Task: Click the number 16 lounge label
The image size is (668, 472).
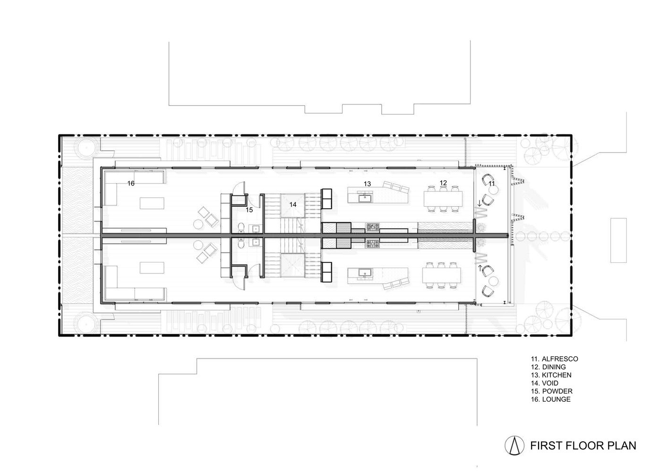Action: [x=131, y=183]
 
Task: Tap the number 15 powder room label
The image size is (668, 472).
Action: [x=249, y=210]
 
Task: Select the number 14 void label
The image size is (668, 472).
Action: [x=293, y=204]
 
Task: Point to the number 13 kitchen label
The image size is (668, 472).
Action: [x=367, y=184]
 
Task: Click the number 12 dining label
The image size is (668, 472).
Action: [x=443, y=183]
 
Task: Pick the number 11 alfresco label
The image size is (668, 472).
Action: [x=491, y=184]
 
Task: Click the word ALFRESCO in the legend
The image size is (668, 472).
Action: [x=560, y=359]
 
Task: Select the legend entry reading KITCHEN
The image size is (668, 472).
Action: [x=557, y=375]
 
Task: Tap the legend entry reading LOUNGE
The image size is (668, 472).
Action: [x=556, y=399]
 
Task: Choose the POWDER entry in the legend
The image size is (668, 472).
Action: [x=557, y=391]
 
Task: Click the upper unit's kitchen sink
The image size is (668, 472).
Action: [x=364, y=198]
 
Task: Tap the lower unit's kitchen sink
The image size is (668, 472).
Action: [x=364, y=273]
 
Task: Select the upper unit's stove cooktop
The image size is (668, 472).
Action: [x=373, y=228]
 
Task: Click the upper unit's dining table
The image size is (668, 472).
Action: [x=443, y=199]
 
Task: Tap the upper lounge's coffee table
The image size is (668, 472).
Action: [x=152, y=203]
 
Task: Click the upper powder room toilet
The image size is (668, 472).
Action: [x=241, y=228]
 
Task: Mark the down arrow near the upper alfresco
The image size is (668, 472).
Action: [x=480, y=204]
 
